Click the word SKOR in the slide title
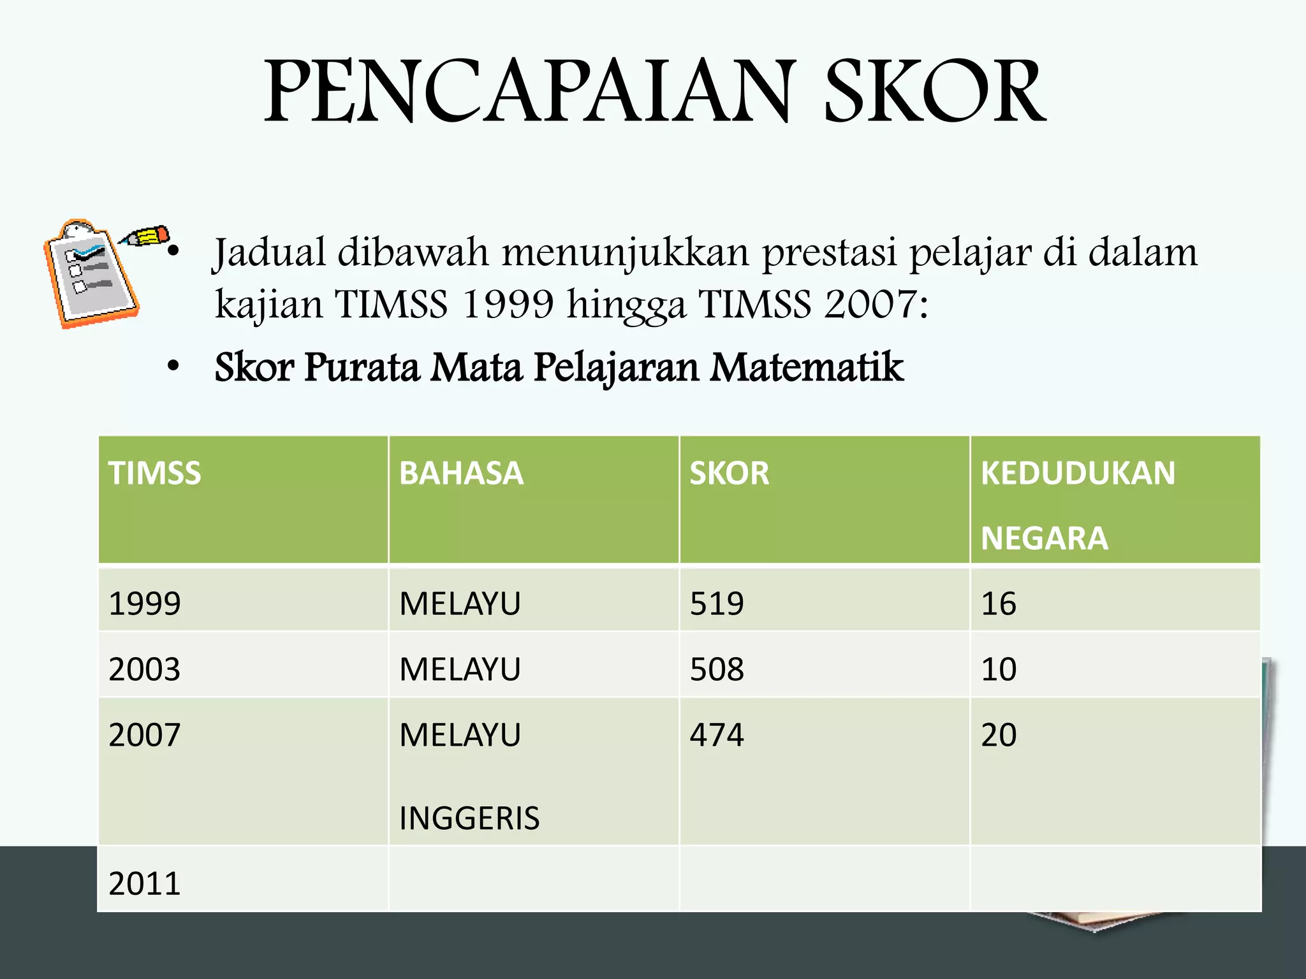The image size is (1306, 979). coord(935,91)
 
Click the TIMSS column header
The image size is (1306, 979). coord(155,474)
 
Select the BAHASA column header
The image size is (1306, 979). coord(461,474)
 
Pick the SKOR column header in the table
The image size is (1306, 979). coord(730,474)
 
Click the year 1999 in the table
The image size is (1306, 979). coord(145,604)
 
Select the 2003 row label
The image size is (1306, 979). coord(145,669)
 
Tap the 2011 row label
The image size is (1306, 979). coord(145,883)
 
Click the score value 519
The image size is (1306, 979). coord(717,604)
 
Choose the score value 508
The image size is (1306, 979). coord(717,669)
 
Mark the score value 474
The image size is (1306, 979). coord(717,735)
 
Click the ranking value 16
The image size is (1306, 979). coord(999,604)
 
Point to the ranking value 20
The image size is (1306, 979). coord(999,735)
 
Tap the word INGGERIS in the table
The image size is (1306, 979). coord(469,818)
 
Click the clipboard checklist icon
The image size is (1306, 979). coord(89,274)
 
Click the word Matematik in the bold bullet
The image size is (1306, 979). coord(807,368)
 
